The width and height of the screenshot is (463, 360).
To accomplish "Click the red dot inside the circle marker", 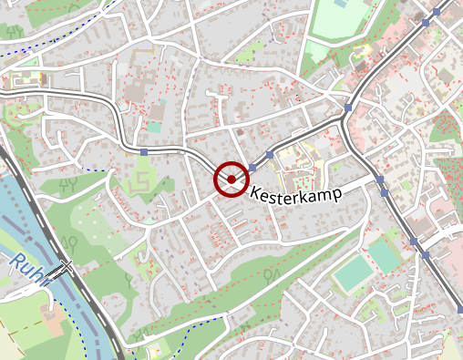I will pos(231,180).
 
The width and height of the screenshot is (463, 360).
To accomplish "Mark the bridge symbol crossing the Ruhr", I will pos(61,269).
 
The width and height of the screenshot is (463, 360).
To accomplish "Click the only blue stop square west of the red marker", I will pos(144,151).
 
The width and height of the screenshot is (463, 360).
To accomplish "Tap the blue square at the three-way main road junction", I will pos(348,108).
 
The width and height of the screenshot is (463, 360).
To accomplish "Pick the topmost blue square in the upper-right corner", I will pos(437,12).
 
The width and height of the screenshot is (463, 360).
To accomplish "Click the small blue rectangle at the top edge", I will pos(340,4).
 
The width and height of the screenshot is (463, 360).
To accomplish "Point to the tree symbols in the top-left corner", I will pos(14,30).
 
